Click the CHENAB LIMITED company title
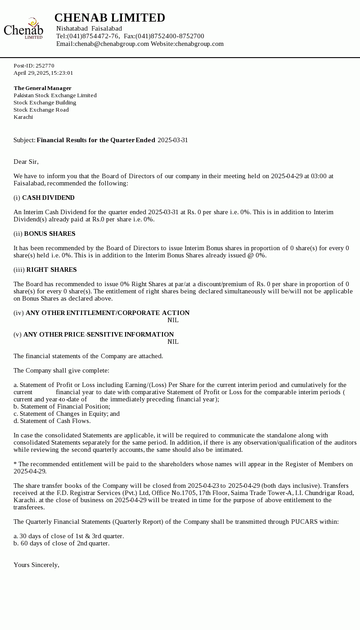click(110, 18)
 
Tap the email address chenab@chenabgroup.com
click(112, 44)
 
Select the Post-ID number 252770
click(45, 66)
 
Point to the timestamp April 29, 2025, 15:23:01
click(43, 73)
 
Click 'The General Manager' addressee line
click(42, 88)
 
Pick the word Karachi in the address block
click(23, 117)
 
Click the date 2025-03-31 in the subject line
click(173, 140)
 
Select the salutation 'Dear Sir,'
click(26, 162)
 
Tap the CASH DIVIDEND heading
click(48, 198)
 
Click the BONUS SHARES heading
click(49, 234)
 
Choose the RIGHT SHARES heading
click(51, 270)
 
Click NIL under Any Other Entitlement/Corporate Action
click(173, 320)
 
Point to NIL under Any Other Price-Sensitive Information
click(173, 342)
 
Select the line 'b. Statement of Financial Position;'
click(62, 406)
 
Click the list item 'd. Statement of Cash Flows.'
click(52, 421)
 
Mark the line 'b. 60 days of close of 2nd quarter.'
click(61, 543)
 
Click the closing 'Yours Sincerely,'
click(36, 565)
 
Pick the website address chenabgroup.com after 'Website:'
click(199, 44)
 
